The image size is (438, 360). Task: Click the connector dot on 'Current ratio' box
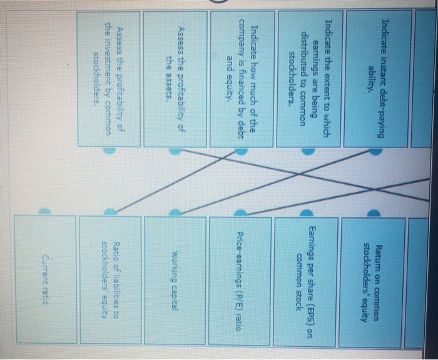pyautogui.click(x=44, y=212)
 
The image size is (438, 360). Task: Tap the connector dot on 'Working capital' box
pyautogui.click(x=176, y=212)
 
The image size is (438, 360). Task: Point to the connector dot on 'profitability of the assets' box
pyautogui.click(x=176, y=151)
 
